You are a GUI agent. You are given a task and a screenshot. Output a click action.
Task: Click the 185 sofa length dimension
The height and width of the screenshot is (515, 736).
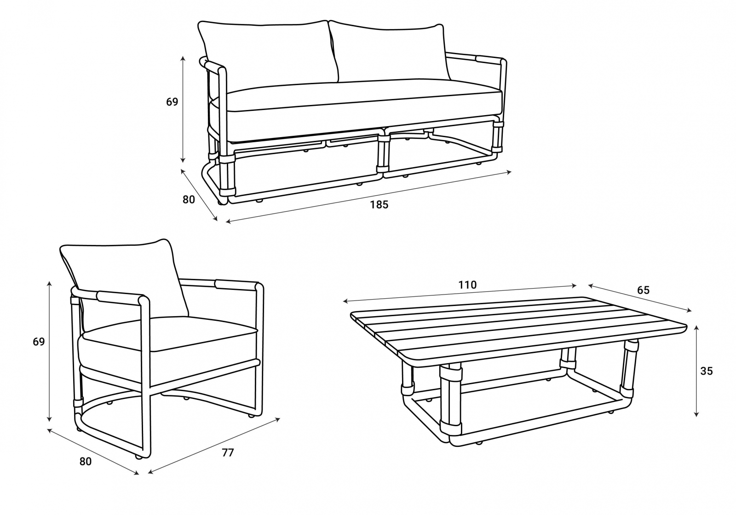coord(379,205)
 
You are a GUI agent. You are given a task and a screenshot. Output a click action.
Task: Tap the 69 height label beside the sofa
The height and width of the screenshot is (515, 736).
coord(172,102)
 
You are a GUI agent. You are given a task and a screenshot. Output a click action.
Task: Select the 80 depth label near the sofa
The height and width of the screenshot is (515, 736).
coord(189,199)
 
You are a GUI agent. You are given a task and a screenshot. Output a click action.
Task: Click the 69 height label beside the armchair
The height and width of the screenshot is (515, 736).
coord(39,342)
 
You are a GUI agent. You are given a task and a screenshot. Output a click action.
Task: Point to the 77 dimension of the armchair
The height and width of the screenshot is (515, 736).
coord(228,452)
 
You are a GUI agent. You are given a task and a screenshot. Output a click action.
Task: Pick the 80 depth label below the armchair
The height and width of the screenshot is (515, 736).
coord(86,462)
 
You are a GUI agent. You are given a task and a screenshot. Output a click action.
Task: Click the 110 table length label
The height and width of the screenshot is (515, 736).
coord(467,284)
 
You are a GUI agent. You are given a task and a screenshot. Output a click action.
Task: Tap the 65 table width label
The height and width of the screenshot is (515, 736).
coord(644,290)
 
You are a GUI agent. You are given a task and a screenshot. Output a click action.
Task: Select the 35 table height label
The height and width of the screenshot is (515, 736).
coord(707,371)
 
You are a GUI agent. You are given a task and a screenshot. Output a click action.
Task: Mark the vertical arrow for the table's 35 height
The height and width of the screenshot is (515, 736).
coord(696,371)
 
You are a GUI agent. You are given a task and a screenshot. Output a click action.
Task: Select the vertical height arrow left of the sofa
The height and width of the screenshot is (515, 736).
coord(184,110)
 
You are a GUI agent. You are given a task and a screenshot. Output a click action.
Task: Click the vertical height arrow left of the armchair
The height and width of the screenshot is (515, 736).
coord(50,352)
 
